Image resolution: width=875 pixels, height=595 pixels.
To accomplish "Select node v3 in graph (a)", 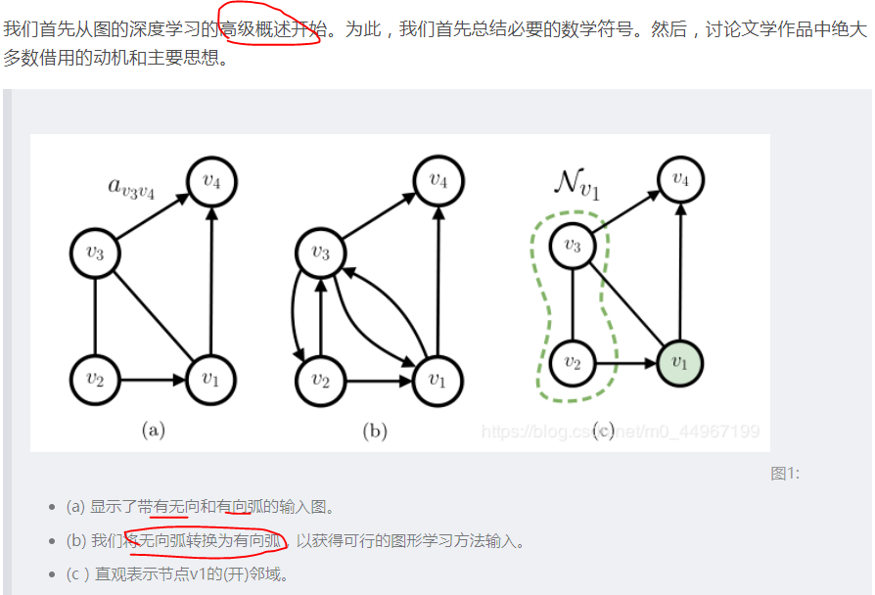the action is [x=95, y=252].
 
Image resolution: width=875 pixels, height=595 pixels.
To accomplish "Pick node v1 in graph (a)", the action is [x=211, y=379].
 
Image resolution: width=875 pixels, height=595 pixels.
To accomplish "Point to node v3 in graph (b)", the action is [x=321, y=252].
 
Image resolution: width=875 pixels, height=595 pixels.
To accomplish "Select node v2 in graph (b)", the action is [x=321, y=379].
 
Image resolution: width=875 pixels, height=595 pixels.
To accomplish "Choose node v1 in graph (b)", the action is [x=437, y=379].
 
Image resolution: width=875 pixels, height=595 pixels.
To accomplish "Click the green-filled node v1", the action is [x=680, y=363].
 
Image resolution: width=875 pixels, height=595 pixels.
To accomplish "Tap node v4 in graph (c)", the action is [x=680, y=180].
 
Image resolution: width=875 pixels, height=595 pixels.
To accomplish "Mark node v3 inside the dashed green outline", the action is [x=573, y=245].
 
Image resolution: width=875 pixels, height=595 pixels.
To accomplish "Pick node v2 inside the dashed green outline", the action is [x=573, y=363].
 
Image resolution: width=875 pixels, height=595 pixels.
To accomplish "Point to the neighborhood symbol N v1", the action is [x=576, y=183].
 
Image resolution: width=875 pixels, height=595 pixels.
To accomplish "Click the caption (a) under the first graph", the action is [x=153, y=430].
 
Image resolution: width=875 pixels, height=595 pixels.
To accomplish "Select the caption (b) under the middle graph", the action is [x=375, y=430].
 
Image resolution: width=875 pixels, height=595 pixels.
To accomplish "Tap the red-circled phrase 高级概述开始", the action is [x=272, y=30].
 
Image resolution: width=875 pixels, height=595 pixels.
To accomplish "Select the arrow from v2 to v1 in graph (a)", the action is [x=153, y=379].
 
